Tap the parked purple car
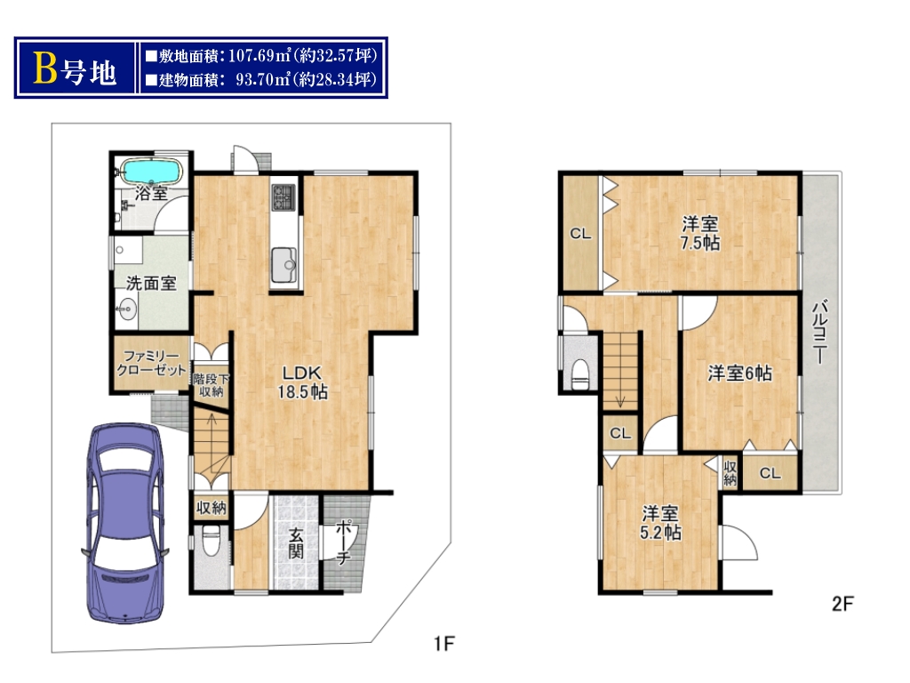(125, 523)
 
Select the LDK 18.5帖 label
(302, 382)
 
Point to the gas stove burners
(283, 197)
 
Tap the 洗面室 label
(151, 284)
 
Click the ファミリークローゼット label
(151, 363)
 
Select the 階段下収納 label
(212, 385)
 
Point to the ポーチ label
(343, 542)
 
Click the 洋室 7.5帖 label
(700, 233)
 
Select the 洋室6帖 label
(740, 373)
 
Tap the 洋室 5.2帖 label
(660, 523)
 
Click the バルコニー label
(820, 332)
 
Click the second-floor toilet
(580, 374)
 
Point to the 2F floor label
(842, 604)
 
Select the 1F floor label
(444, 644)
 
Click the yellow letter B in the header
(45, 68)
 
